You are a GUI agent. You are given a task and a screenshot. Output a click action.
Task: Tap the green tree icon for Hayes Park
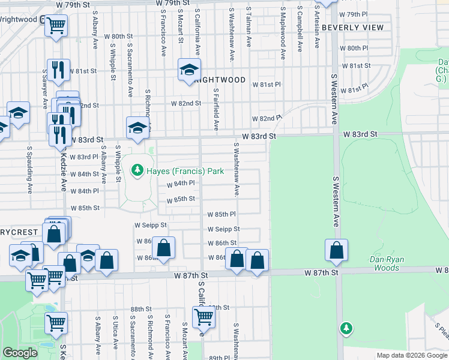pos(137,171)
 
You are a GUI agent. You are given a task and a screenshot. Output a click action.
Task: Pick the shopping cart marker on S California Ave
pos(203,316)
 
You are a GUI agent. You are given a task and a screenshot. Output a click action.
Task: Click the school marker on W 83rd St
pos(137,127)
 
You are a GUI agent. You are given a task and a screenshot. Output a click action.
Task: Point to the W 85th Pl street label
pos(221,214)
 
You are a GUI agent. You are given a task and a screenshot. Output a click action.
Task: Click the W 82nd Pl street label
pos(267,119)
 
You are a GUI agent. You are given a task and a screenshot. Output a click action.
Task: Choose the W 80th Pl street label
pos(354,48)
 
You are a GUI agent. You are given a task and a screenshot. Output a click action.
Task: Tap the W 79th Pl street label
pos(353,14)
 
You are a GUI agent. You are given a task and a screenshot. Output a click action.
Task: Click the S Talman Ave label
pos(249,27)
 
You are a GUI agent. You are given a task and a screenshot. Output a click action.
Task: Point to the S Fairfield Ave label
pos(216,109)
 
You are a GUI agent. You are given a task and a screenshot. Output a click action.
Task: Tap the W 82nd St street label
pos(186,103)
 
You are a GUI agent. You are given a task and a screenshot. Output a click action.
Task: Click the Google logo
pos(20,353)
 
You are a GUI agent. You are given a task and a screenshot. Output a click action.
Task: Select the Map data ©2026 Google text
pos(412,355)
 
